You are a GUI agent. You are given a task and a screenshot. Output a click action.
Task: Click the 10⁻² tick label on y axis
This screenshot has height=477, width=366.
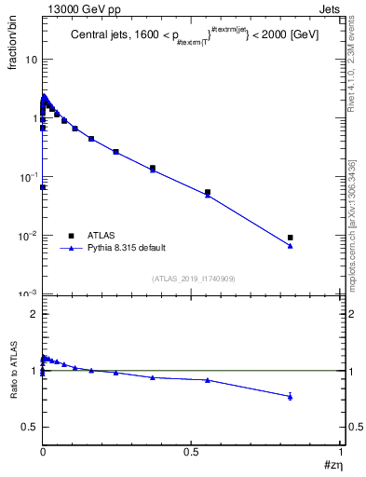click(x=29, y=236)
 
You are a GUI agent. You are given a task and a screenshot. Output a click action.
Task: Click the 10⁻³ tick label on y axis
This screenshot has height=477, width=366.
click(x=29, y=294)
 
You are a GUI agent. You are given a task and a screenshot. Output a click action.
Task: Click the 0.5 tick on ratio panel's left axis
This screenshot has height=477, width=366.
click(x=30, y=427)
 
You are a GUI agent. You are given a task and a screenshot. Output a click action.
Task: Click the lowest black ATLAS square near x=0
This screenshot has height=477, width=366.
click(x=43, y=187)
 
